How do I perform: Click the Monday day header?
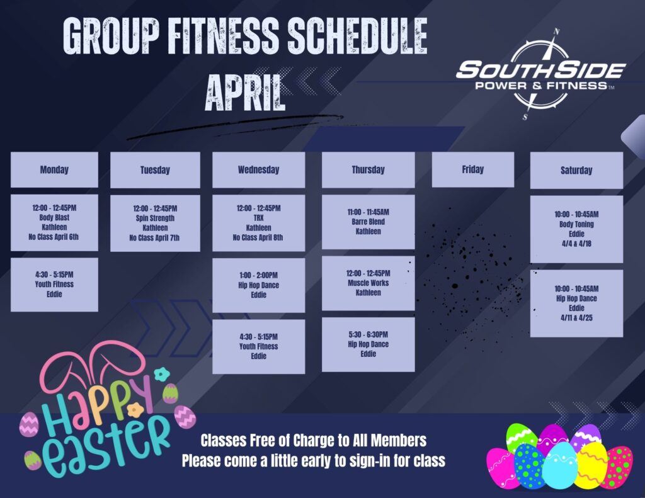(x=54, y=169)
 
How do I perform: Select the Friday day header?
(x=473, y=169)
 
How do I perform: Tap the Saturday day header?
(x=576, y=170)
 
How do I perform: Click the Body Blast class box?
(x=54, y=222)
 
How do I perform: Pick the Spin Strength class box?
(x=155, y=224)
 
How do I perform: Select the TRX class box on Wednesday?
(x=259, y=223)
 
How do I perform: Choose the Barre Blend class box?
(x=368, y=222)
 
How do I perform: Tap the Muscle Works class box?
(x=368, y=283)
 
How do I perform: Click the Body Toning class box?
(x=576, y=229)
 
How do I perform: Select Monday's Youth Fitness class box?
(x=54, y=285)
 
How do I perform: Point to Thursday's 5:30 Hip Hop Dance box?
(x=368, y=344)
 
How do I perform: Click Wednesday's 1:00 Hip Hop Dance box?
(x=259, y=285)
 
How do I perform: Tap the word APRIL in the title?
(x=245, y=93)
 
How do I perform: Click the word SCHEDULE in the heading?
(x=357, y=36)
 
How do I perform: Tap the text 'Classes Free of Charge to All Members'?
(x=314, y=441)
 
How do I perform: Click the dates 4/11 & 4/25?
(x=576, y=318)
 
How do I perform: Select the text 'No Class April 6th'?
(x=54, y=237)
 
